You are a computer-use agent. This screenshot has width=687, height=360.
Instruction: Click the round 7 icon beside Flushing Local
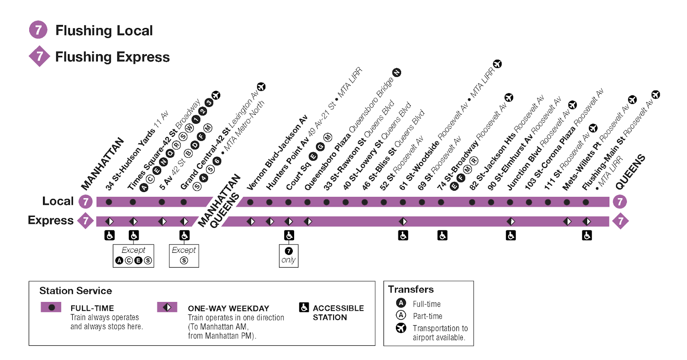[38, 30]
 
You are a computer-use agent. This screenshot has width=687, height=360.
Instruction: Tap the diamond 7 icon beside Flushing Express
[40, 56]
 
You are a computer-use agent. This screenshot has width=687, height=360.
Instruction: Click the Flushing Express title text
[112, 57]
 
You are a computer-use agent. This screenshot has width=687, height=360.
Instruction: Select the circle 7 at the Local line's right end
[620, 201]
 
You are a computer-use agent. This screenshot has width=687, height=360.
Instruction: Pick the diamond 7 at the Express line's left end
[86, 221]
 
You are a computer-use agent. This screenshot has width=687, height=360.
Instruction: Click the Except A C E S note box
[133, 256]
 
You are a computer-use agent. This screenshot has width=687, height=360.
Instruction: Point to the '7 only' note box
[289, 256]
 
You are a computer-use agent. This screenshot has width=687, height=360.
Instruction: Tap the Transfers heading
[411, 290]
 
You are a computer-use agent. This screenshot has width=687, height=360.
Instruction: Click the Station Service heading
[76, 291]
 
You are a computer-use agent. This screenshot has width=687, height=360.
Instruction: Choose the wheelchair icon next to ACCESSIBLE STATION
[304, 307]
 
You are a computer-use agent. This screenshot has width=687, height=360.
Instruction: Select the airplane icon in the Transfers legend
[401, 328]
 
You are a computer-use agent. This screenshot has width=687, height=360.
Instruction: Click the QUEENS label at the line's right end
[630, 172]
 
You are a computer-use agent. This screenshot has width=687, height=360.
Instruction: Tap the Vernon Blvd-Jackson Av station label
[277, 152]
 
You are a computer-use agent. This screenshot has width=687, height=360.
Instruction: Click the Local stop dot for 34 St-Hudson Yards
[109, 202]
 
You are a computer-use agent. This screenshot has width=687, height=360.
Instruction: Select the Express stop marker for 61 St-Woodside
[403, 221]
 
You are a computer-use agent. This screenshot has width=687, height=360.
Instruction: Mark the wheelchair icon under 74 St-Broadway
[442, 235]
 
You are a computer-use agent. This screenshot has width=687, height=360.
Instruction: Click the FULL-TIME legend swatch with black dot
[51, 307]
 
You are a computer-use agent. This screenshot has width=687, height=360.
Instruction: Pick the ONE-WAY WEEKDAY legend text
[228, 308]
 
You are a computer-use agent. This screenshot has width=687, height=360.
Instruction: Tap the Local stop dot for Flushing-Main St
[586, 202]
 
